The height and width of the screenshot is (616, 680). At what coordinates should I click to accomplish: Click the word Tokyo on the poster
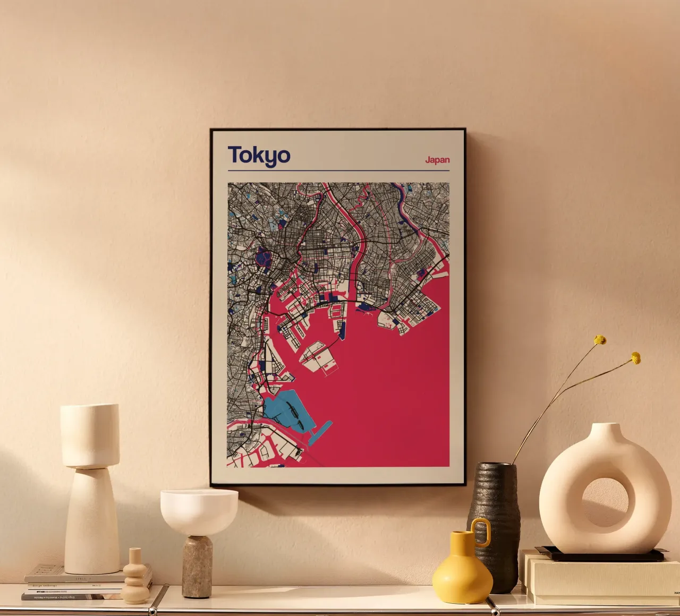tap(259, 156)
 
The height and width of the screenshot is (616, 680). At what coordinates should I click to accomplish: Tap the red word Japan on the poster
tap(437, 160)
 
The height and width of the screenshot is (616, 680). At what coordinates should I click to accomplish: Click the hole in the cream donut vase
tap(605, 502)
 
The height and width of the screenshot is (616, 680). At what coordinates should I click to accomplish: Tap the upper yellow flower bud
tap(600, 340)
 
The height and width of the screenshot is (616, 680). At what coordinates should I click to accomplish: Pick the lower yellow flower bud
tap(635, 358)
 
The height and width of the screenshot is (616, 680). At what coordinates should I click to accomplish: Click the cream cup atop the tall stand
tap(90, 435)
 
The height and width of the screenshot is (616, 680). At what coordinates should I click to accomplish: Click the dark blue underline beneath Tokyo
tap(338, 171)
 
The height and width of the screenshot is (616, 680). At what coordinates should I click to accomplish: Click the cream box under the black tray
tap(600, 579)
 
